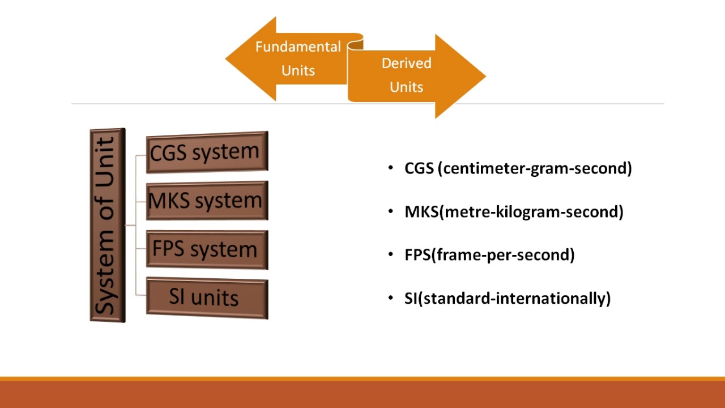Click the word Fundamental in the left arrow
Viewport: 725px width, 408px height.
pyautogui.click(x=298, y=46)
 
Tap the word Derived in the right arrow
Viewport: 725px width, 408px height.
pyautogui.click(x=406, y=63)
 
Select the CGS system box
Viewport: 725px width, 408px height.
pyautogui.click(x=207, y=152)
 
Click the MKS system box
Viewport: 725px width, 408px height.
pyautogui.click(x=207, y=201)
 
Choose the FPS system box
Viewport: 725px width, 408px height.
pyautogui.click(x=207, y=249)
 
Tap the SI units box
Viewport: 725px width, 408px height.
pyautogui.click(x=207, y=297)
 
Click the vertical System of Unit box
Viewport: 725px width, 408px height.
pyautogui.click(x=107, y=225)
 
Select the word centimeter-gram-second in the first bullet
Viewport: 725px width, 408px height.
pyautogui.click(x=535, y=168)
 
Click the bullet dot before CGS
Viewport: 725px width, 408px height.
pyautogui.click(x=391, y=168)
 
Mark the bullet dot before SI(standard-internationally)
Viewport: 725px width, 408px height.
pyautogui.click(x=391, y=297)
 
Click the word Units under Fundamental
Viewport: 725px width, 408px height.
pyautogui.click(x=298, y=71)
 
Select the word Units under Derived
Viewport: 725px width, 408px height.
pyautogui.click(x=406, y=87)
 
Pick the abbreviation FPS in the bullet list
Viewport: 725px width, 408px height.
pyautogui.click(x=417, y=255)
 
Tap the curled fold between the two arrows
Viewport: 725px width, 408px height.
pyautogui.click(x=355, y=43)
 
